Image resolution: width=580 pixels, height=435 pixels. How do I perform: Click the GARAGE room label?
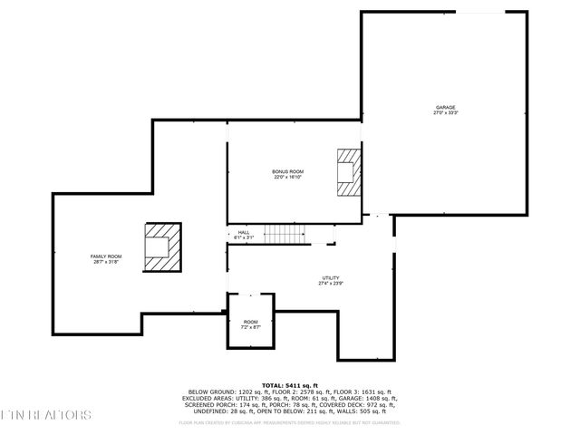point(445,107)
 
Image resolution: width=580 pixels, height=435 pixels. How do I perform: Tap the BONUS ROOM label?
point(288,171)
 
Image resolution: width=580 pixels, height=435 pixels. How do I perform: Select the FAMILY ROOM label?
point(105,256)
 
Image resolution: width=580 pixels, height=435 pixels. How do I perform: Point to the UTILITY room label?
point(331,278)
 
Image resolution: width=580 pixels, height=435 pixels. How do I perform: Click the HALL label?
point(244,232)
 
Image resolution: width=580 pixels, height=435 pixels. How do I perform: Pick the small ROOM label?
point(250,322)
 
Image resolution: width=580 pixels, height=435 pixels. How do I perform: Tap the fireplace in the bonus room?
point(348,172)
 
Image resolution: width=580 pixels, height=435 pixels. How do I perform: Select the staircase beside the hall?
point(286,234)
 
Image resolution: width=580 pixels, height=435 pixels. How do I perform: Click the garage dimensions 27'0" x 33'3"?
point(445,113)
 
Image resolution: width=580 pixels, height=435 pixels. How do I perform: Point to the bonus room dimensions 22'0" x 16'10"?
point(288,177)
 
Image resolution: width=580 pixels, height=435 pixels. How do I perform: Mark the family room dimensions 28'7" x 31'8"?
point(105,262)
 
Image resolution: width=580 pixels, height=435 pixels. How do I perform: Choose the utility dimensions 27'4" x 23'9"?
point(331,284)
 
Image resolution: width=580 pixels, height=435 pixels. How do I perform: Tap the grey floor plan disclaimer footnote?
point(289,421)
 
